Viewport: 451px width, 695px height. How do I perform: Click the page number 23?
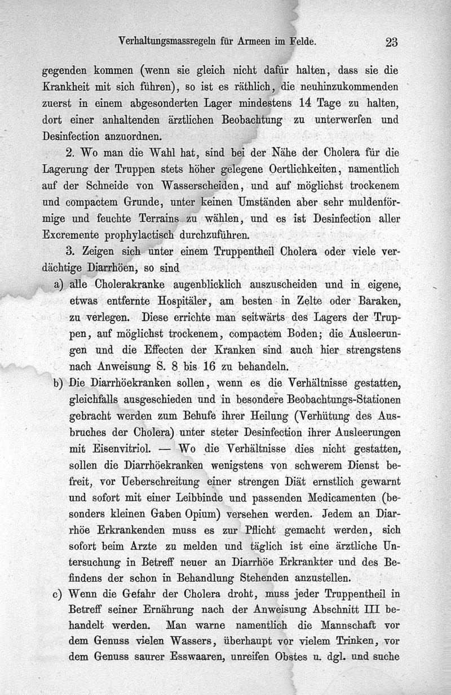392,42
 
